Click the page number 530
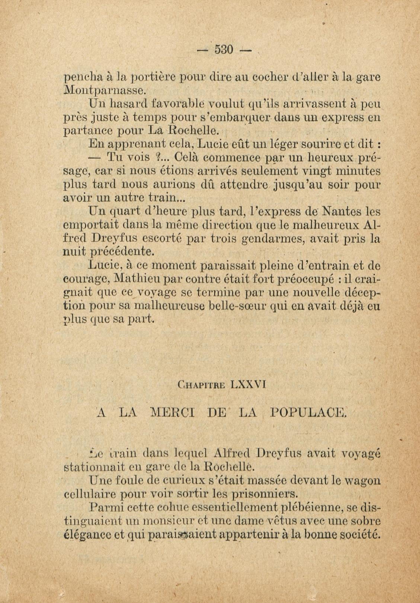tap(224, 49)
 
